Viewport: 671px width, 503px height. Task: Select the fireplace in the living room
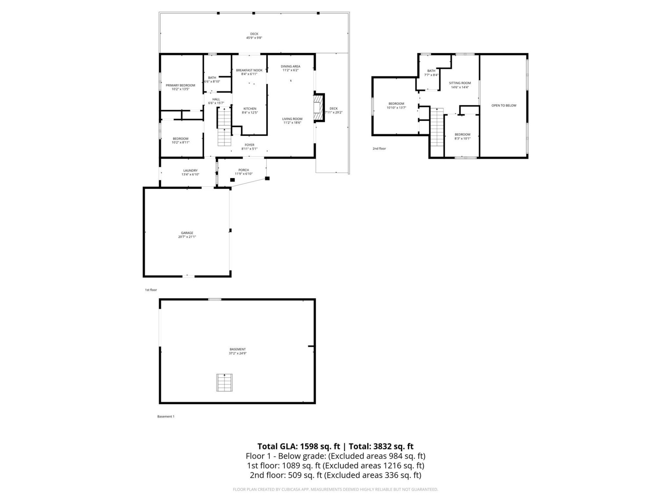point(318,108)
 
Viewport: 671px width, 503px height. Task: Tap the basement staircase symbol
point(224,382)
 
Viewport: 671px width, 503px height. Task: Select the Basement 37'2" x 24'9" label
point(238,351)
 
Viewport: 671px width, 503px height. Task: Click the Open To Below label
point(504,105)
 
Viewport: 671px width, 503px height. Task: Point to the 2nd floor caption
point(379,148)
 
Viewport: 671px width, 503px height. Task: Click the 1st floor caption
point(151,290)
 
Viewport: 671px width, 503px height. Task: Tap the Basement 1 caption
point(166,416)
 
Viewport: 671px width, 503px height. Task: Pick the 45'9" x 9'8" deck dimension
point(254,38)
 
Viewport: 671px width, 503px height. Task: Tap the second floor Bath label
point(431,71)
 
